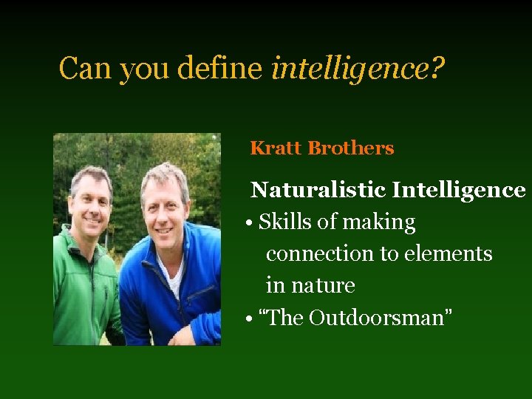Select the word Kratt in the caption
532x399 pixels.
(x=276, y=148)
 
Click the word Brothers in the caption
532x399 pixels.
(x=351, y=148)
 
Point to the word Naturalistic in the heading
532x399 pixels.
(x=318, y=190)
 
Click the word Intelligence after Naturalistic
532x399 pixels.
(x=459, y=190)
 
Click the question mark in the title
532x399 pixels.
(x=437, y=69)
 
